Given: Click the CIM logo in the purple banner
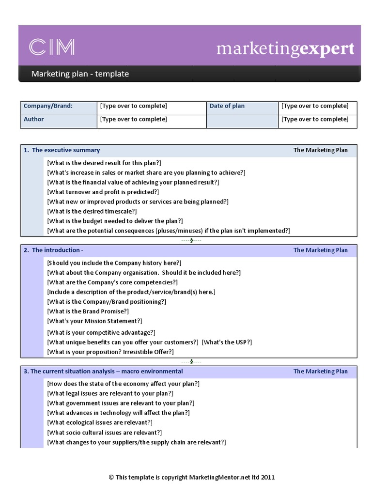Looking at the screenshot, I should (x=52, y=47).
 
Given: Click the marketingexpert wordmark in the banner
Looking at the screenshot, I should (x=285, y=48).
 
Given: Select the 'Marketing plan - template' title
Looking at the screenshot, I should (x=80, y=74).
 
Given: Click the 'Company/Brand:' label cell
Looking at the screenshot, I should (x=48, y=106).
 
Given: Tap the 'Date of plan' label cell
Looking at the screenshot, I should (x=227, y=106).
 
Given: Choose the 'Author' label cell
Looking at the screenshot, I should (x=34, y=119).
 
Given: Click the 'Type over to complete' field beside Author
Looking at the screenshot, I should (x=133, y=119).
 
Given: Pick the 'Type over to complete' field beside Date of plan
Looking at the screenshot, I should (x=315, y=106).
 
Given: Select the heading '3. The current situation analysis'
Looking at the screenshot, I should (x=103, y=371).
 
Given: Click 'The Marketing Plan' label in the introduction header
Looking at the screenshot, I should (x=320, y=250).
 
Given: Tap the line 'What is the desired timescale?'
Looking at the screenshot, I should (x=92, y=211).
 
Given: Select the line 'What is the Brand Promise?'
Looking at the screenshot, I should (x=88, y=311).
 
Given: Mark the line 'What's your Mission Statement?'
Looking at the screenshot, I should (x=94, y=321).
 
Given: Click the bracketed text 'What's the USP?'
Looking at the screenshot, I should (x=227, y=342).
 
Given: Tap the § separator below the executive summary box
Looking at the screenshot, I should (x=191, y=240).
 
